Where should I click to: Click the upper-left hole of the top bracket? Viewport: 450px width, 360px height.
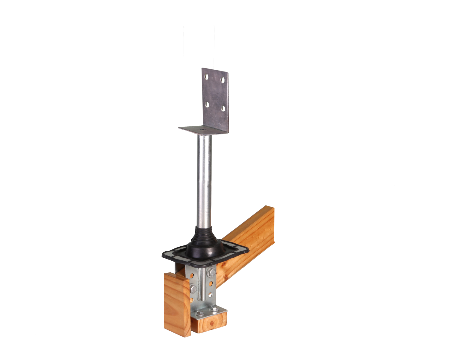click(207, 77)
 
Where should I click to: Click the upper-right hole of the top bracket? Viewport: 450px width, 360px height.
click(223, 80)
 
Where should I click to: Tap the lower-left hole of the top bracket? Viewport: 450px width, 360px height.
click(207, 104)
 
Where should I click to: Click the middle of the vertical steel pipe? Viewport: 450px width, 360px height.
click(203, 182)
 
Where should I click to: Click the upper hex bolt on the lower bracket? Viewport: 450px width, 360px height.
click(211, 272)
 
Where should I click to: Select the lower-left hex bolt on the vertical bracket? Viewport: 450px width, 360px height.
click(193, 289)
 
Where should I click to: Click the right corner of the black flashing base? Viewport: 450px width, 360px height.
click(248, 250)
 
